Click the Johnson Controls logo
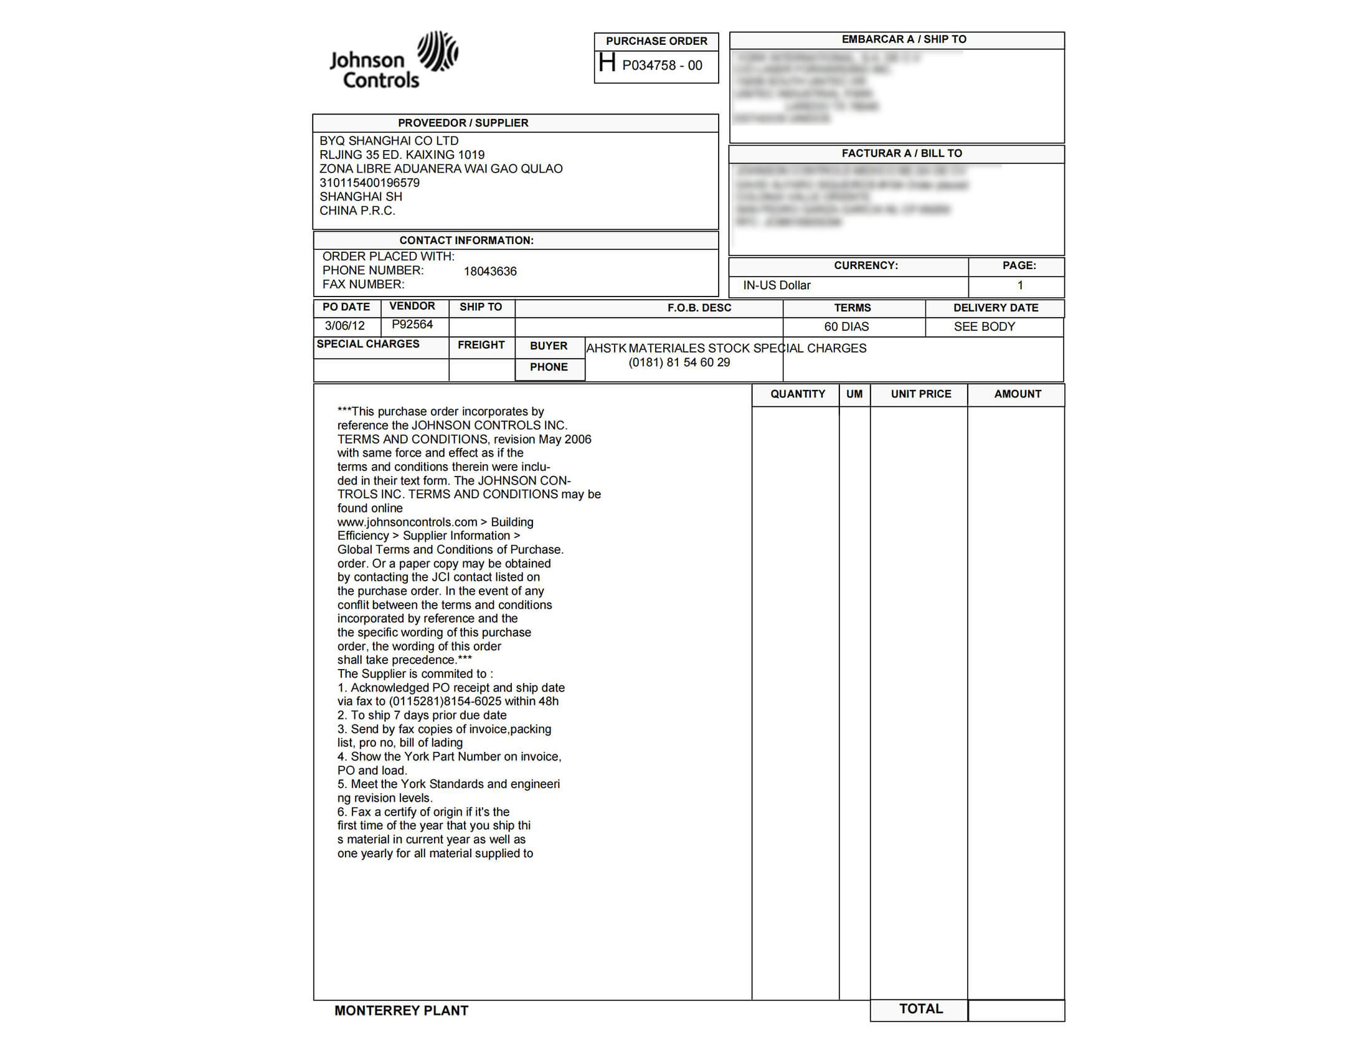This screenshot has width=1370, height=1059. click(394, 60)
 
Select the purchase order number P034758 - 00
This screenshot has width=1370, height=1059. click(662, 65)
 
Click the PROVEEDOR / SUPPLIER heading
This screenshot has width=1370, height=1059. click(463, 123)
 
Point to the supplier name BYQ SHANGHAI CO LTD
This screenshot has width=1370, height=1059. click(389, 141)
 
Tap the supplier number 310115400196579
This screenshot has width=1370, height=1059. click(369, 183)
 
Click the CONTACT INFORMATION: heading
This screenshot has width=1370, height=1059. click(466, 240)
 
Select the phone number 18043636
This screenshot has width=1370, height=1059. click(490, 271)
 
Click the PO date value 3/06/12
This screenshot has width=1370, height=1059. click(344, 326)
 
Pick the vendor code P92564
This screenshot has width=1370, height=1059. click(412, 325)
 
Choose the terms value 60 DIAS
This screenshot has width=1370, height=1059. click(846, 326)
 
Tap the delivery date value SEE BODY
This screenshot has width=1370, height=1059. click(984, 326)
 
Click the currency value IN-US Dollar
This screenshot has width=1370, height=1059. click(777, 285)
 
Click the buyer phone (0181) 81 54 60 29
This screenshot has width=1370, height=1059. click(679, 363)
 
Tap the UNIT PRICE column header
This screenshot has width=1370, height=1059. click(921, 394)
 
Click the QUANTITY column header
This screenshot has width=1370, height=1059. click(797, 394)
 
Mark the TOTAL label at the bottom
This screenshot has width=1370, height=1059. click(921, 1009)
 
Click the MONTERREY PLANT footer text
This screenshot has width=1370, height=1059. click(402, 1010)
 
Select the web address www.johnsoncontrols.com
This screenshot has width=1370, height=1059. click(407, 522)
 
